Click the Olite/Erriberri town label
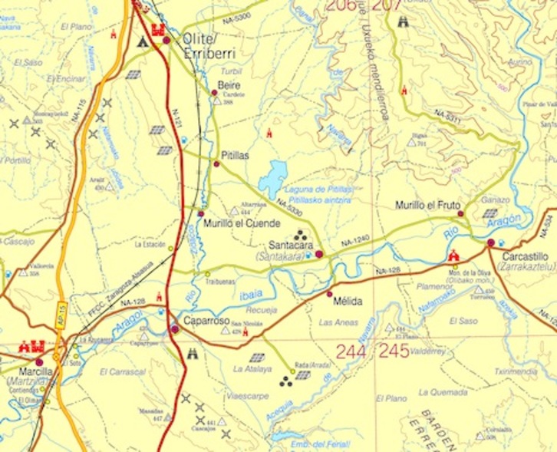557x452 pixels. pos(209,45)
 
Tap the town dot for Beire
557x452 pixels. pos(215,93)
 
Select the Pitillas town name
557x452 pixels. pos(235,154)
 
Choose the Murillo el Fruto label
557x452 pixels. pos(427,206)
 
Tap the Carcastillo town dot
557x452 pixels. pos(491,243)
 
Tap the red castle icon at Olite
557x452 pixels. pos(160,31)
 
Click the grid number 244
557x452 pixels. pos(350,351)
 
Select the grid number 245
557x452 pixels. pos(393,351)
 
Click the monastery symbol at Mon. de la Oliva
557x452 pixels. pos(453,256)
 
